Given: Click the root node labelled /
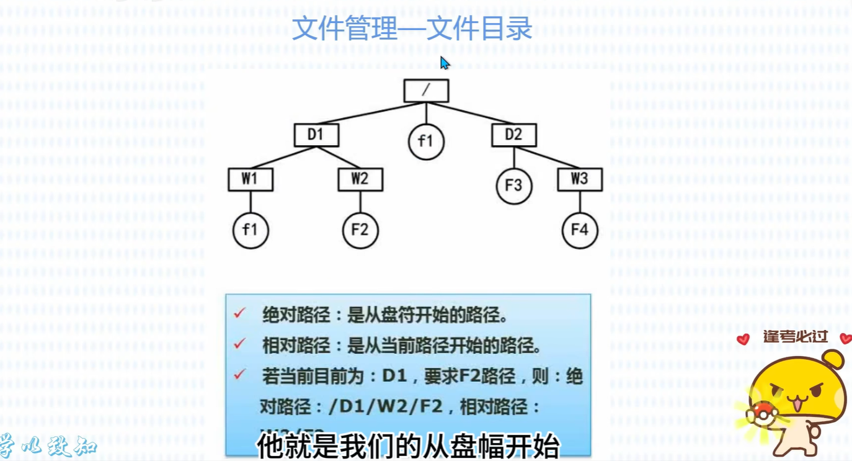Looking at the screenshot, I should (x=426, y=91).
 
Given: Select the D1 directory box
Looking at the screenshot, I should (x=316, y=135).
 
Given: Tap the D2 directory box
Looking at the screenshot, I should (x=513, y=135).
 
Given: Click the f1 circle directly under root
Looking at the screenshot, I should (x=426, y=141).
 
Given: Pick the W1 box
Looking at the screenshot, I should (x=250, y=179).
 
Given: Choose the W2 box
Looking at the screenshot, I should (x=360, y=179).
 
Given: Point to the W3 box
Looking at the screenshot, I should (x=579, y=179).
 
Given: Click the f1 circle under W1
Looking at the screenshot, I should (x=250, y=230).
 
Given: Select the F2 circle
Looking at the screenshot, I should (x=360, y=230).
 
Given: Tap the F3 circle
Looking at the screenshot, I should (x=513, y=186).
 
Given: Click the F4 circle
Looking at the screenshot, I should (x=579, y=230).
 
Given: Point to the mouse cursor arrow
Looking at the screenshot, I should (x=444, y=63).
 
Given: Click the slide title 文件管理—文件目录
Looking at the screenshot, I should (x=412, y=29).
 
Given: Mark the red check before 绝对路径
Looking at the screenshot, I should (x=240, y=313).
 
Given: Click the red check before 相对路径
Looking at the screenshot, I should (x=240, y=344).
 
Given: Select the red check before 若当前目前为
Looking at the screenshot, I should (x=240, y=375).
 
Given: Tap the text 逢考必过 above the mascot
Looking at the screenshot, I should (x=796, y=337).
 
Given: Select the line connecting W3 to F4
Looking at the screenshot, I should (x=580, y=202).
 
